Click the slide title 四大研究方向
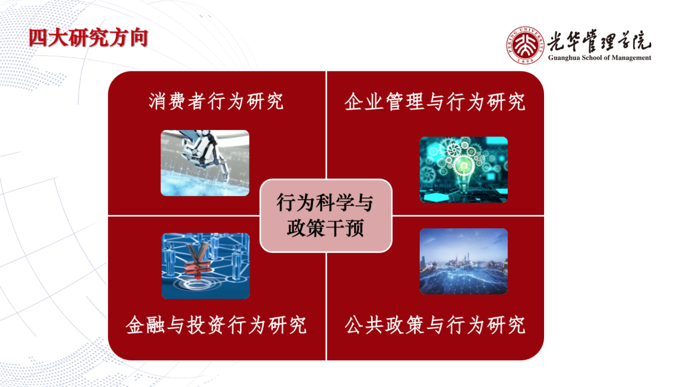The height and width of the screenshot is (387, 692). [88, 38]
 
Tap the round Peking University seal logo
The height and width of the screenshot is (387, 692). [525, 45]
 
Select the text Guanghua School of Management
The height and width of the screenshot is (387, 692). [600, 58]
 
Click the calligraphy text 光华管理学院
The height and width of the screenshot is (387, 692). [599, 41]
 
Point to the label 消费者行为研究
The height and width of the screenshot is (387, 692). [216, 101]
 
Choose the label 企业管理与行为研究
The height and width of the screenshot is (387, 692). [434, 102]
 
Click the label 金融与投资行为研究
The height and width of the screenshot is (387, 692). [216, 325]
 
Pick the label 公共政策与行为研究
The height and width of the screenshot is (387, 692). [434, 325]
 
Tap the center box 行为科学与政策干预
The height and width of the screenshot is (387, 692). [326, 216]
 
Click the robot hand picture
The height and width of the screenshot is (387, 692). [205, 163]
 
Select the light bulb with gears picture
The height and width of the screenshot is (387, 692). [463, 170]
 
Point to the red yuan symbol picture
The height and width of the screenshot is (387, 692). [206, 266]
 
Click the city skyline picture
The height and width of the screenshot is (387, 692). [463, 261]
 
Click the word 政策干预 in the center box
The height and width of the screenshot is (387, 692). [325, 228]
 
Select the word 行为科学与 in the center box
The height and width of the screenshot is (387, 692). [325, 203]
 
